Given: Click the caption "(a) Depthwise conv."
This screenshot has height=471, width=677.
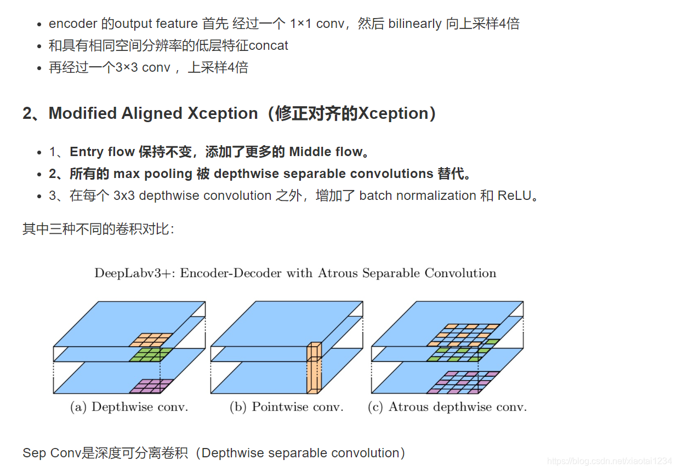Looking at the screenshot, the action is [x=129, y=407].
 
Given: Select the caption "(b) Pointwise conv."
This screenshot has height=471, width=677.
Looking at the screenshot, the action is [x=286, y=407].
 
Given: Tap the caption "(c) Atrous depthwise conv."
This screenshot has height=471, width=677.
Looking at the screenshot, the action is [x=447, y=407].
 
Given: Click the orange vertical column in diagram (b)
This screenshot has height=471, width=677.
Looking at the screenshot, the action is [x=314, y=368].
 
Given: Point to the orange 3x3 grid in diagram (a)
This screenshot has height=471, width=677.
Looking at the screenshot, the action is [x=151, y=340].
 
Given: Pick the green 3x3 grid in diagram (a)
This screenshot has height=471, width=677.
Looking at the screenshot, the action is [x=151, y=354].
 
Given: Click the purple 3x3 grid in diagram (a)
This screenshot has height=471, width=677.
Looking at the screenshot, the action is [x=151, y=386].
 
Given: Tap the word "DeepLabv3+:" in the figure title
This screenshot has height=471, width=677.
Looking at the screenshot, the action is [x=134, y=273].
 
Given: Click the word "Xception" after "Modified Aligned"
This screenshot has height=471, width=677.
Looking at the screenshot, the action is [x=223, y=113].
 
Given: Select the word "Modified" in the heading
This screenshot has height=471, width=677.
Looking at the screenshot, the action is [x=83, y=113].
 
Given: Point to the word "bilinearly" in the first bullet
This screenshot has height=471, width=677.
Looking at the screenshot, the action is [x=415, y=24].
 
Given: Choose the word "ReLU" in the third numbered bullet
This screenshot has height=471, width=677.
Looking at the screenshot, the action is [x=514, y=196].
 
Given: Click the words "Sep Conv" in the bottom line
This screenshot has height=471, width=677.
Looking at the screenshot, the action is [x=52, y=453].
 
